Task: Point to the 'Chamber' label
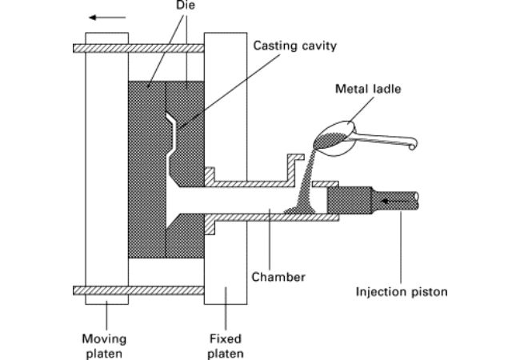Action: coord(278,277)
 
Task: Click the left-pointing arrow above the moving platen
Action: coord(101,15)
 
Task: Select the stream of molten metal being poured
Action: coord(305,184)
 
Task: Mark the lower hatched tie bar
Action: coord(144,290)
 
